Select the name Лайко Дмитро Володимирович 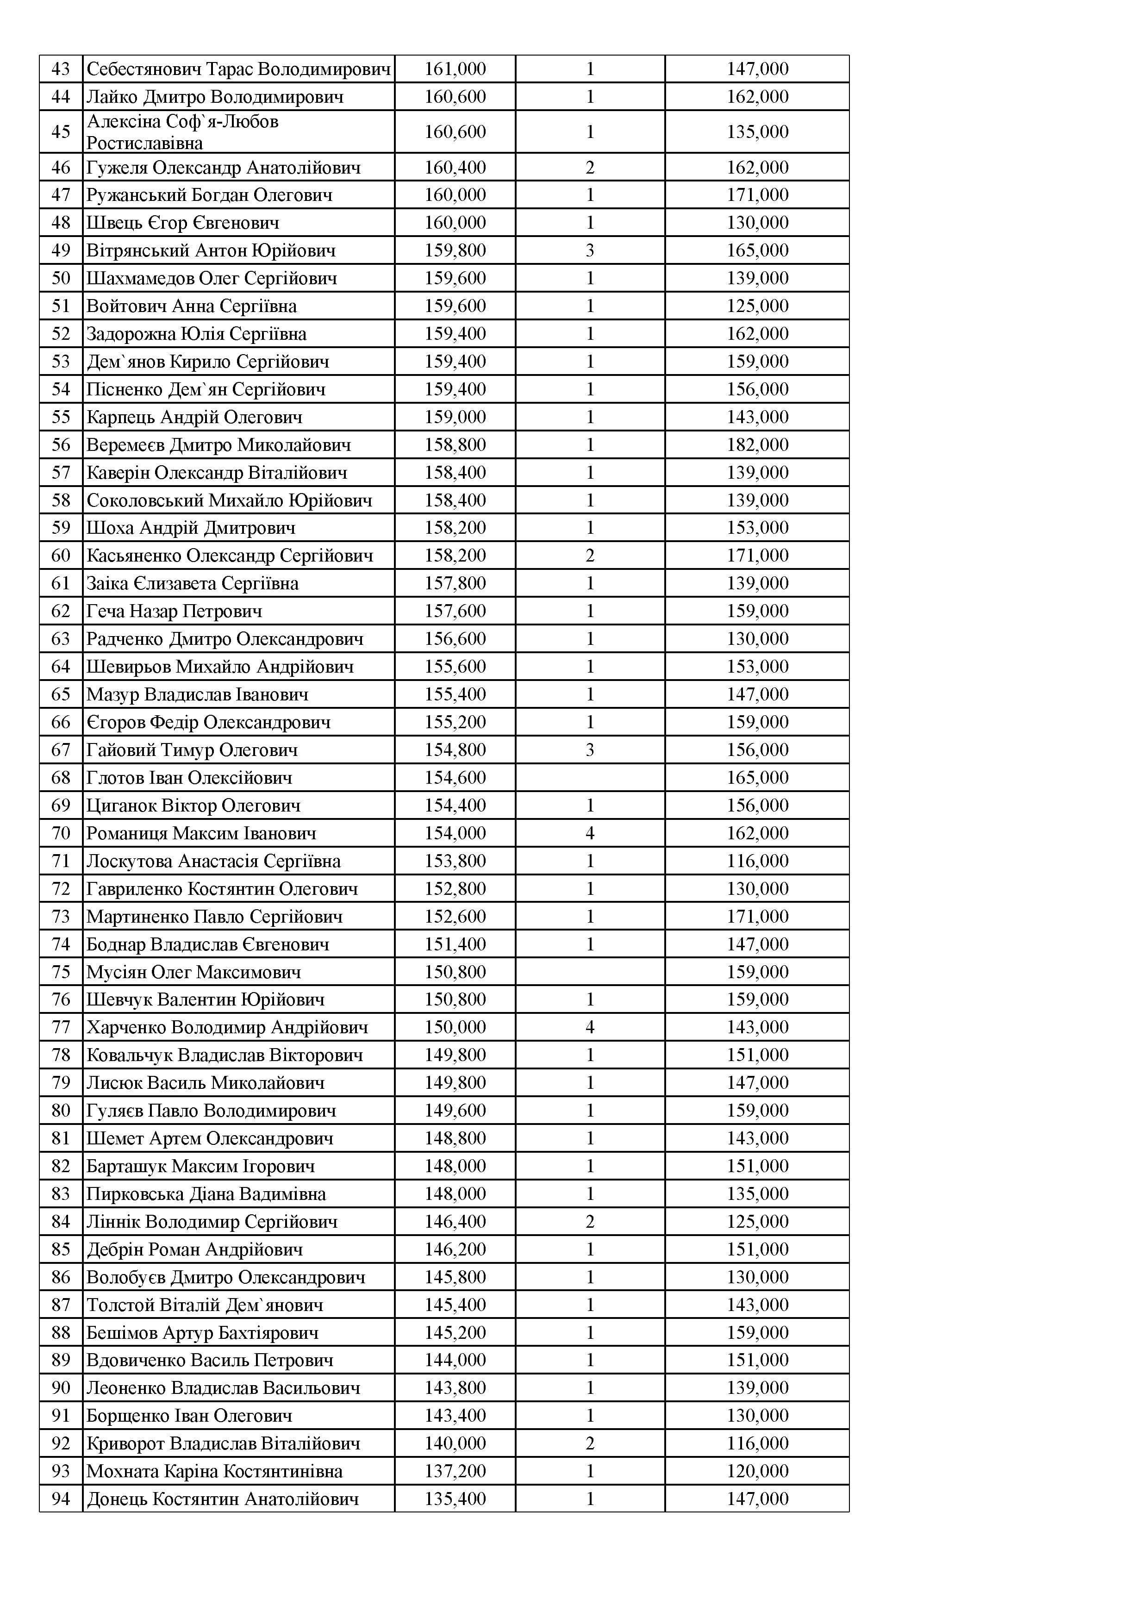pyautogui.click(x=215, y=97)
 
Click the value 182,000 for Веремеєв pyautogui.click(x=757, y=445)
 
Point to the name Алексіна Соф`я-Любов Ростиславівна pyautogui.click(x=182, y=132)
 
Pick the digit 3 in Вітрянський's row pyautogui.click(x=590, y=250)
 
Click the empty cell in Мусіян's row pyautogui.click(x=590, y=972)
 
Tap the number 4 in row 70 pyautogui.click(x=590, y=833)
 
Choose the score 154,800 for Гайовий pyautogui.click(x=455, y=750)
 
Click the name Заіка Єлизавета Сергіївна pyautogui.click(x=193, y=583)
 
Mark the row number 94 pyautogui.click(x=61, y=1499)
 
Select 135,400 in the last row pyautogui.click(x=455, y=1499)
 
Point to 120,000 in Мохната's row pyautogui.click(x=757, y=1471)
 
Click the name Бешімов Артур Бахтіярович pyautogui.click(x=202, y=1333)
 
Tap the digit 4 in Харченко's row pyautogui.click(x=590, y=1027)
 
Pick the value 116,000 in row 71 pyautogui.click(x=757, y=861)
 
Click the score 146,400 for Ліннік pyautogui.click(x=455, y=1222)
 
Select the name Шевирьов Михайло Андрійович pyautogui.click(x=220, y=667)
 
